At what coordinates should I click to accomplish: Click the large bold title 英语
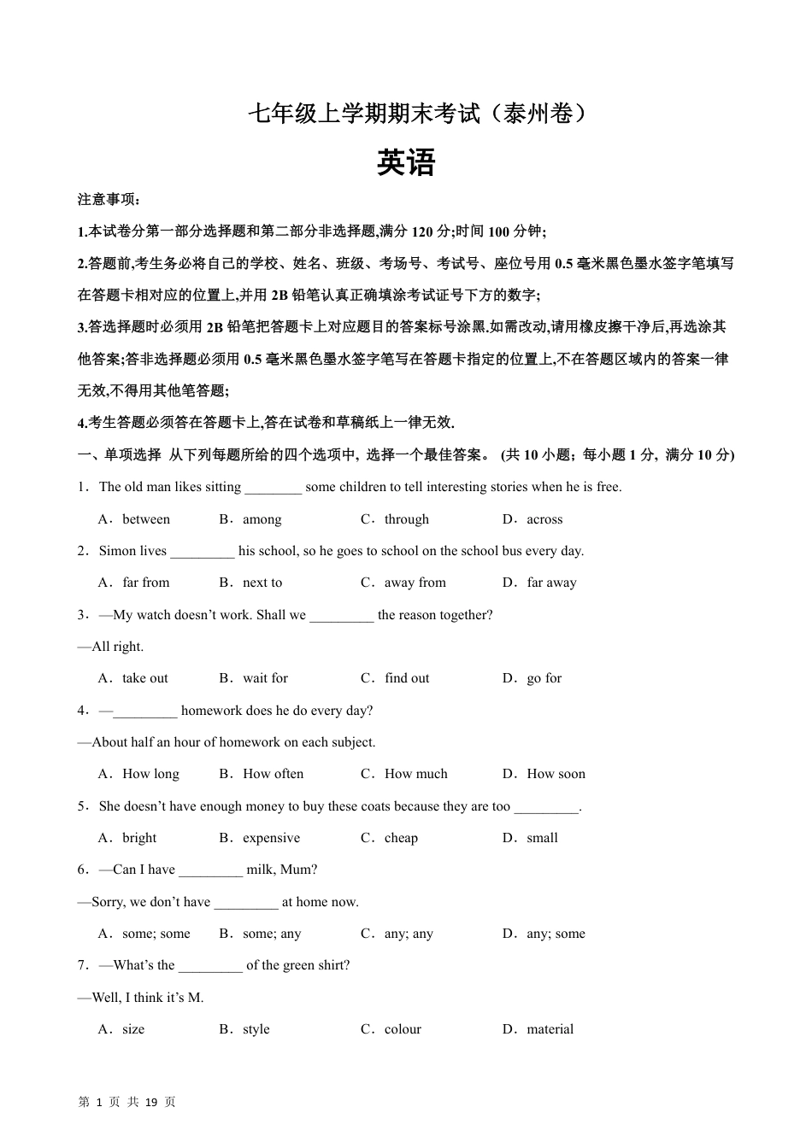(406, 162)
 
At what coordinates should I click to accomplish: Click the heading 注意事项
(108, 199)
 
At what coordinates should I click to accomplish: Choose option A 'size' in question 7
(133, 1029)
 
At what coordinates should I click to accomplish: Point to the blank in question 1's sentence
(274, 489)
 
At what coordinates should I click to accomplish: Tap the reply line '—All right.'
(111, 647)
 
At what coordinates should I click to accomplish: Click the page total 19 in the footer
(151, 1102)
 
